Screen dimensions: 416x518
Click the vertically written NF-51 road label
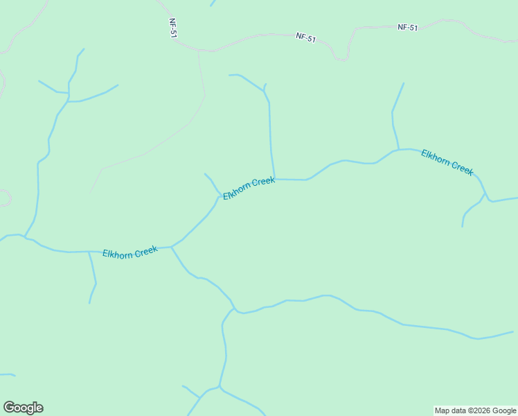coord(173,28)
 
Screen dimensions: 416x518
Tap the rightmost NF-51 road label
coord(408,28)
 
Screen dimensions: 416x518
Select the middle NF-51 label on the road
coord(305,38)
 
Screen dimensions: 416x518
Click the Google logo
coord(23,408)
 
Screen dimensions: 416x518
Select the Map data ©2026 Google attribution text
coord(476,410)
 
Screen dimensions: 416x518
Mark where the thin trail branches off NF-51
coord(198,51)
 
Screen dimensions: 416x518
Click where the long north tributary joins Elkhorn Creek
coord(275,179)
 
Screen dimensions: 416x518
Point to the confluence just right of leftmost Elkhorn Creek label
coord(171,246)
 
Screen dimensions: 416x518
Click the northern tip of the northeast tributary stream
coord(404,84)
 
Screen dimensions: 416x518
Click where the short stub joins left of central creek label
coord(220,196)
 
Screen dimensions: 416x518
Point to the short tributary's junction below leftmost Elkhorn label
coord(89,252)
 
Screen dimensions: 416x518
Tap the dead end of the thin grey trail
coord(90,192)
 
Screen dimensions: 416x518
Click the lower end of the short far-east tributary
coord(463,226)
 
